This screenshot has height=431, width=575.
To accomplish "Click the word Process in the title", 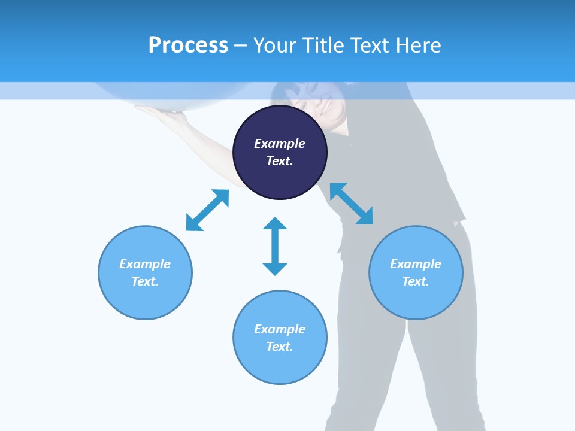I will click(188, 45).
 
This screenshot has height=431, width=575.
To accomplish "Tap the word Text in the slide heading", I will click(370, 45).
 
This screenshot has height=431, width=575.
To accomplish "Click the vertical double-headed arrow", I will click(275, 246).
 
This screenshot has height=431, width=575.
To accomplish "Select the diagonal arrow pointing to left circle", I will click(207, 210).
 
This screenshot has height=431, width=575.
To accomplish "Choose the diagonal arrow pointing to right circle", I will click(351, 204).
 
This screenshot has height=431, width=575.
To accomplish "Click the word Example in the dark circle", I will click(280, 144).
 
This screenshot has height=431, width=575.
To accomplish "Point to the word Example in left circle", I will click(145, 264).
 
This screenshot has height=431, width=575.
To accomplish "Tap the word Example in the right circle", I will click(416, 264).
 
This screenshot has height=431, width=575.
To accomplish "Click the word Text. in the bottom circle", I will click(280, 347).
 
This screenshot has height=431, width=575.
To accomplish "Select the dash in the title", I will click(240, 45).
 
